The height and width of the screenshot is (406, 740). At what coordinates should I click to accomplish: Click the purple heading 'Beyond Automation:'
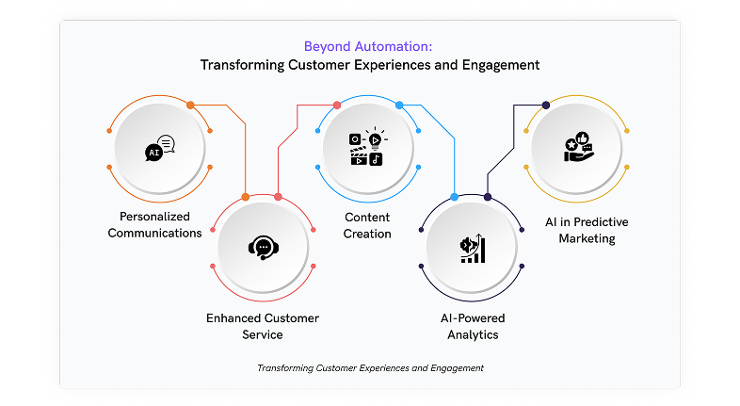pyautogui.click(x=367, y=47)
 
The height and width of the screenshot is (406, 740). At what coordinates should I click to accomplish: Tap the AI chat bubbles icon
pyautogui.click(x=160, y=148)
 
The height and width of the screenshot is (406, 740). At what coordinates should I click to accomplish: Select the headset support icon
pyautogui.click(x=264, y=248)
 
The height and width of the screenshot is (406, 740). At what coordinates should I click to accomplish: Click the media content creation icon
pyautogui.click(x=368, y=146)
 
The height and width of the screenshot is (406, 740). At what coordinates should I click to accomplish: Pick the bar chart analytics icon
pyautogui.click(x=473, y=249)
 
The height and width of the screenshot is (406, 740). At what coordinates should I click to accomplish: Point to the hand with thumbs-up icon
pyautogui.click(x=578, y=147)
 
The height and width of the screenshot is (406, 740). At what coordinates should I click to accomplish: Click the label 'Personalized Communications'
pyautogui.click(x=154, y=225)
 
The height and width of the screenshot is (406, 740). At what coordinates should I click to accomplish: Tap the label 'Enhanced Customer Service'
pyautogui.click(x=263, y=326)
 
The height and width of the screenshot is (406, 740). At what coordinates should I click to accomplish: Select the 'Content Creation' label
pyautogui.click(x=367, y=226)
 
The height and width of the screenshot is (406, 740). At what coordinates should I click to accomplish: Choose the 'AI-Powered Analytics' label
pyautogui.click(x=473, y=326)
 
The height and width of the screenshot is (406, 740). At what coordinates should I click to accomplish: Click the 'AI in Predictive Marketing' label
pyautogui.click(x=587, y=230)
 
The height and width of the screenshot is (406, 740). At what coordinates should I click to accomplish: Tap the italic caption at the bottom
pyautogui.click(x=371, y=368)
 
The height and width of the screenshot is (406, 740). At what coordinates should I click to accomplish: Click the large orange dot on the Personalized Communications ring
pyautogui.click(x=190, y=106)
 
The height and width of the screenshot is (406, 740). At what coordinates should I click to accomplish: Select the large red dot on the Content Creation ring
pyautogui.click(x=337, y=106)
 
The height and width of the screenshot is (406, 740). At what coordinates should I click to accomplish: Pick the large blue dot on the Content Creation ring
pyautogui.click(x=399, y=106)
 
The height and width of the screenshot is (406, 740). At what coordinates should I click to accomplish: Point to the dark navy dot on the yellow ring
pyautogui.click(x=546, y=106)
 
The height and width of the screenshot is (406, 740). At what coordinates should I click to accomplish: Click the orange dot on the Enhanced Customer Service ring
pyautogui.click(x=246, y=197)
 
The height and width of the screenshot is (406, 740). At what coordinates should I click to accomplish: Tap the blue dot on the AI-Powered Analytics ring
pyautogui.click(x=455, y=197)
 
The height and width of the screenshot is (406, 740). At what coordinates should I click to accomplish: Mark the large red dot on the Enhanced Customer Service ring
pyautogui.click(x=278, y=197)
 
